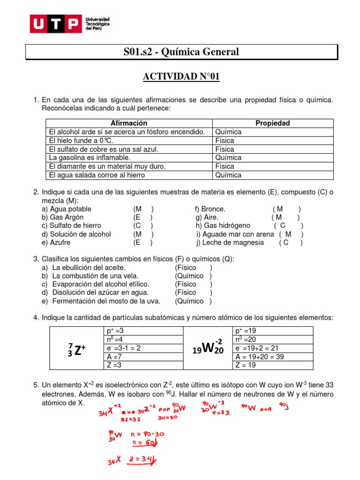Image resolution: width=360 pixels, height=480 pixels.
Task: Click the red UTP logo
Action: click(55, 24)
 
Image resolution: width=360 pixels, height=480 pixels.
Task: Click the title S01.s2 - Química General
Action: click(180, 52)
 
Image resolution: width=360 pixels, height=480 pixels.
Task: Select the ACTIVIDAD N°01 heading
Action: click(180, 76)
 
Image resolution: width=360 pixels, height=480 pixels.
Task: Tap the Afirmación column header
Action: click(128, 123)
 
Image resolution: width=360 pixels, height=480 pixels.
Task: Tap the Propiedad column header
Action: click(272, 123)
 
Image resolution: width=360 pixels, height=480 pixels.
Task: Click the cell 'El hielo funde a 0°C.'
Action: click(81, 141)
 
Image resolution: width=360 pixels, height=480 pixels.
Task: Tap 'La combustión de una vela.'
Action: click(95, 276)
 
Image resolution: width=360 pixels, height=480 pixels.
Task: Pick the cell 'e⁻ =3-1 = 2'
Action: click(124, 348)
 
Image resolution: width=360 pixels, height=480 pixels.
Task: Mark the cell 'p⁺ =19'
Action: click(246, 331)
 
